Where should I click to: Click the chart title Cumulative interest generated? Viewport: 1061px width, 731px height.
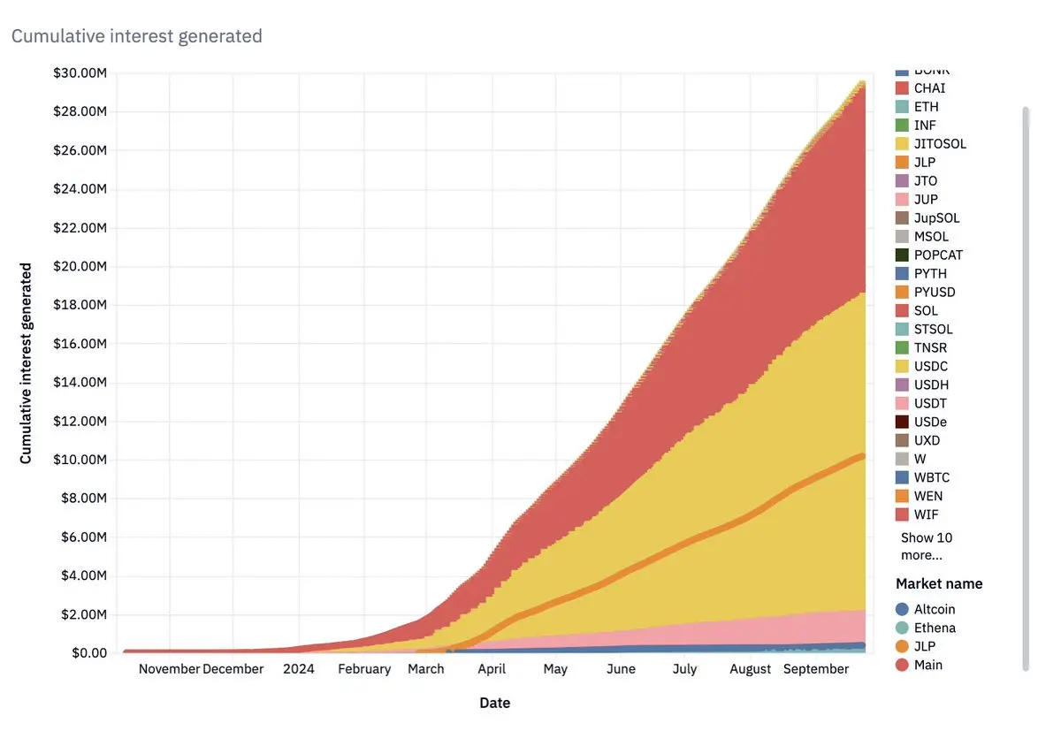coord(136,36)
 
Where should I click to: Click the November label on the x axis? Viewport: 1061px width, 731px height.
coord(170,669)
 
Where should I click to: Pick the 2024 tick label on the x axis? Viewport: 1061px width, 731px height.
coord(299,669)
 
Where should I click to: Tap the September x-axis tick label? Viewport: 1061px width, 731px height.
coord(816,669)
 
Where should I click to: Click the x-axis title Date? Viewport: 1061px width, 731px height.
coord(494,704)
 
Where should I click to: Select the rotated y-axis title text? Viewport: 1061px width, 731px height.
coord(26,362)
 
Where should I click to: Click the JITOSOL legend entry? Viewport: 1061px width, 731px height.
coord(940,143)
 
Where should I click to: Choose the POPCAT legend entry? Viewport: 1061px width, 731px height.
coord(938,255)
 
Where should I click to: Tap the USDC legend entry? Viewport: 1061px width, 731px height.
coord(931,366)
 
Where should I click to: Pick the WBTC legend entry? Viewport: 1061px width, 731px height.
coord(932,477)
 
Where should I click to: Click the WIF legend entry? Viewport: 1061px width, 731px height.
coord(926,514)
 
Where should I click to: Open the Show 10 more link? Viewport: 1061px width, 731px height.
coord(926,546)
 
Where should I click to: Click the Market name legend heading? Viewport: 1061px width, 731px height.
coord(939,583)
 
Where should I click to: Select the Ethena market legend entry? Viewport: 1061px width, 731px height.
coord(935,628)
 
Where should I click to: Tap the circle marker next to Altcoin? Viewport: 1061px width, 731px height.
coord(902,609)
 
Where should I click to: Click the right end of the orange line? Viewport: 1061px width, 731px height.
coord(862,456)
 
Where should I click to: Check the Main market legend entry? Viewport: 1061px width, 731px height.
coord(928,665)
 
